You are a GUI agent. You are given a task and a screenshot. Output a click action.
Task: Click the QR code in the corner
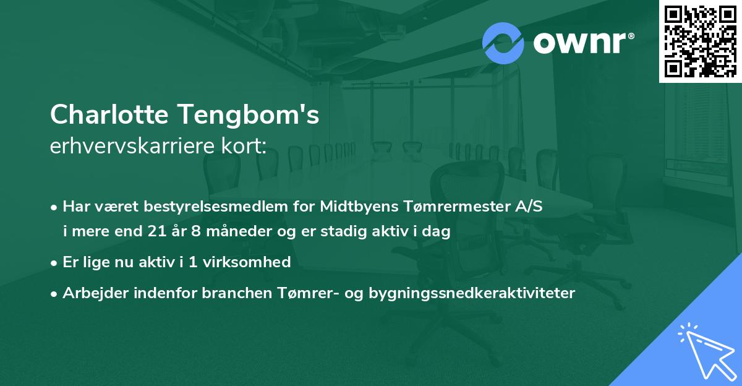701,41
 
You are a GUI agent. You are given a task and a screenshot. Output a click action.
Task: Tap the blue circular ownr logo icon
503,43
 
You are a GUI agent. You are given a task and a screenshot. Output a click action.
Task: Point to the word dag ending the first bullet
438,232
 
